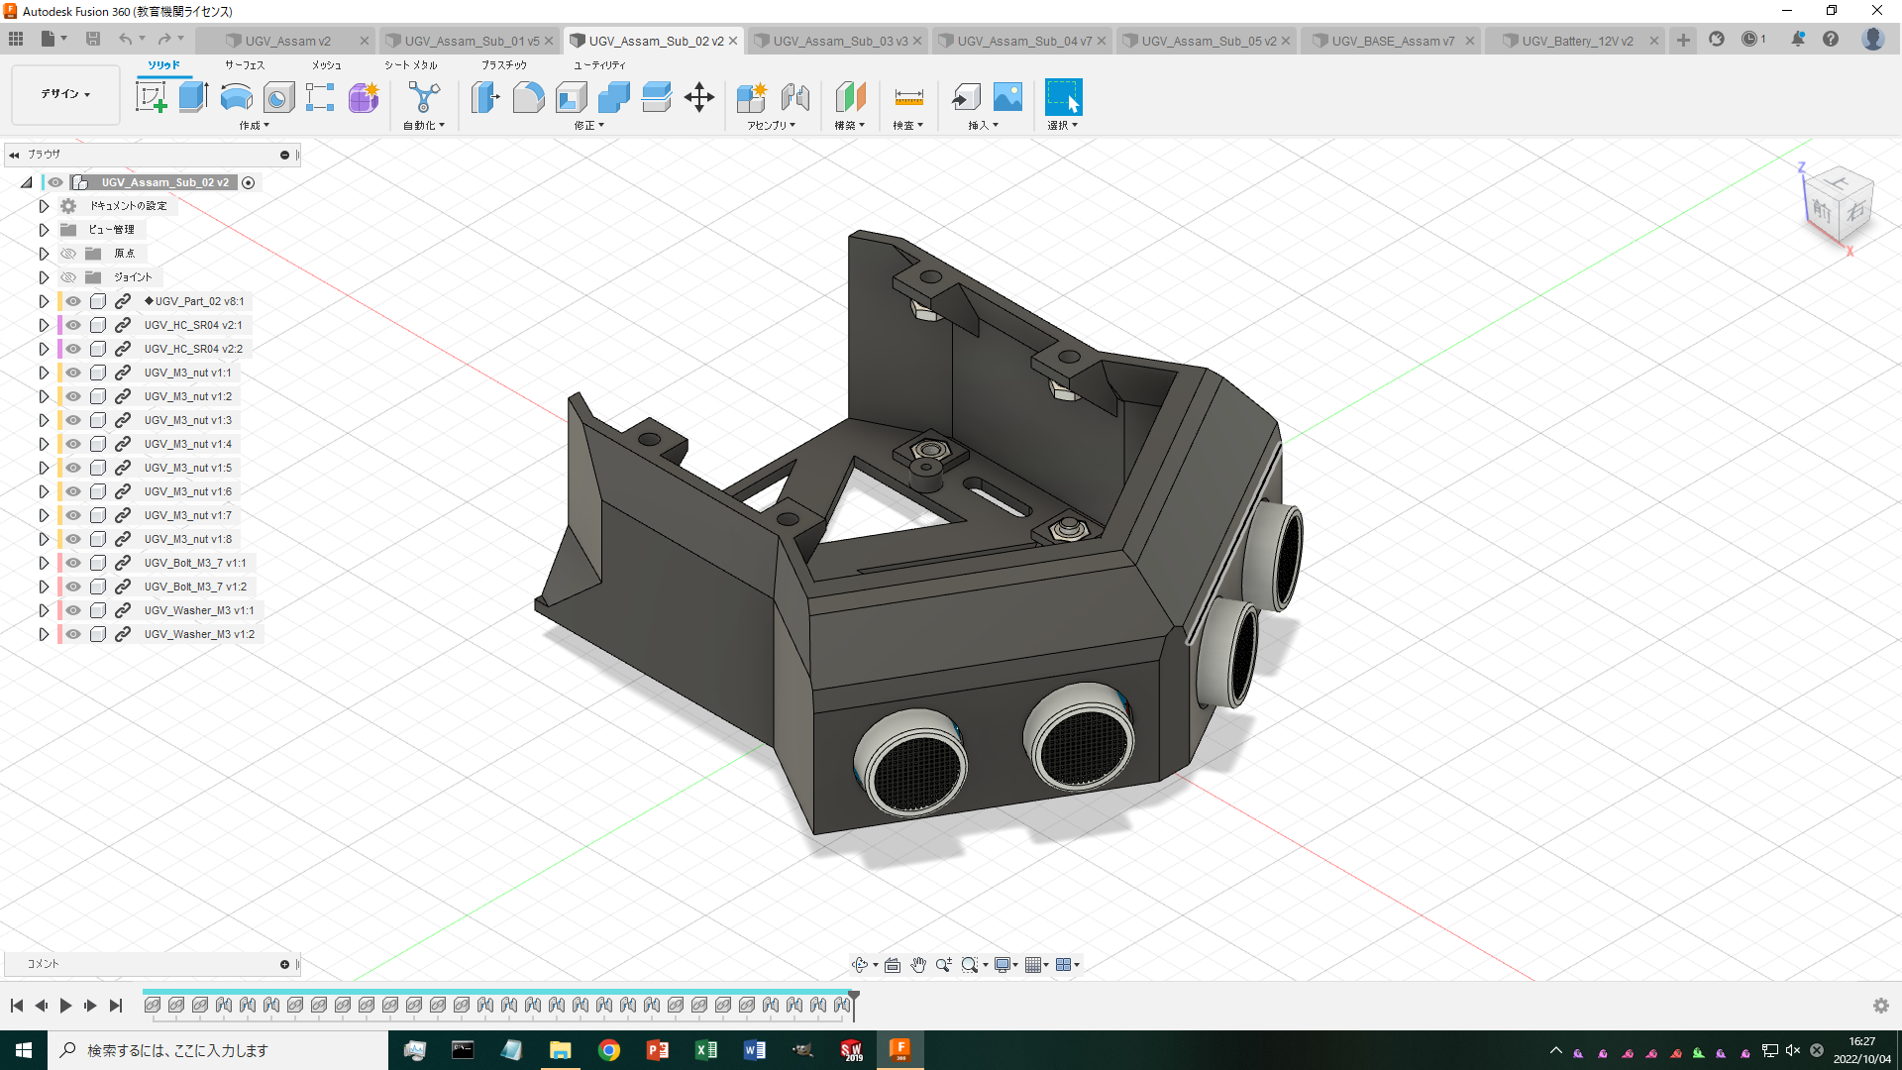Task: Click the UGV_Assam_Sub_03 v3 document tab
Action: tap(839, 41)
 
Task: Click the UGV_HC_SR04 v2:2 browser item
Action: tap(193, 349)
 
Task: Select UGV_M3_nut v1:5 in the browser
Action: tap(187, 468)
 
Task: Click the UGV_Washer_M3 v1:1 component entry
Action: tap(198, 610)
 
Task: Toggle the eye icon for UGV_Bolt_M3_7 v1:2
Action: tap(73, 587)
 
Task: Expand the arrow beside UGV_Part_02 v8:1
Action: tap(44, 301)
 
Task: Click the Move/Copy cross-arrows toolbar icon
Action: tap(698, 97)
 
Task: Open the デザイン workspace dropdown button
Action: tap(65, 94)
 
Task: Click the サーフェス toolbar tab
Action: tap(244, 64)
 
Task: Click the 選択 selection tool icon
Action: tap(1063, 97)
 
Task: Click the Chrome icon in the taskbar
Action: tap(609, 1050)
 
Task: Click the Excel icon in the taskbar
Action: tap(706, 1050)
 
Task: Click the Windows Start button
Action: tap(24, 1050)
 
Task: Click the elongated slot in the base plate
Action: tap(997, 497)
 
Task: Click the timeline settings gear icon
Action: tap(1880, 1006)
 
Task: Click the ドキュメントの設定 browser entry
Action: tap(128, 206)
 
